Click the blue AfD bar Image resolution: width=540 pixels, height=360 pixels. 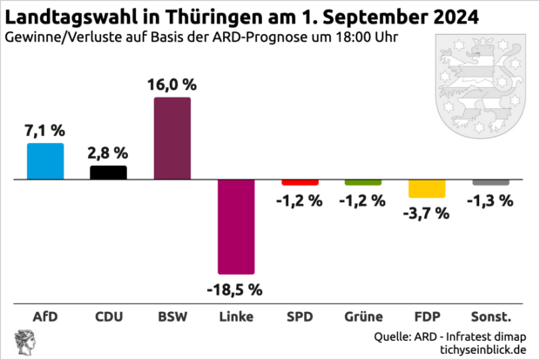45,160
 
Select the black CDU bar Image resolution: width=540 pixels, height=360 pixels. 109,172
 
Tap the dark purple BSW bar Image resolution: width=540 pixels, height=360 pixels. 172,138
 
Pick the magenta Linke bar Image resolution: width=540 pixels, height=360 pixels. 235,226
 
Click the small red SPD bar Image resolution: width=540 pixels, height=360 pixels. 299,182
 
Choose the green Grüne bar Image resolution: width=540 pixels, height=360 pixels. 362,182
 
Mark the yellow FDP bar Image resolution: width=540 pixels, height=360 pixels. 426,188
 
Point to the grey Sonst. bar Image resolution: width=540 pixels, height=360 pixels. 489,182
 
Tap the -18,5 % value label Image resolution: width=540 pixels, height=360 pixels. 234,288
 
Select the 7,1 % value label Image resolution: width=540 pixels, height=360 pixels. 45,131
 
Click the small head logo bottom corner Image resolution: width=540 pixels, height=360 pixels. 19,343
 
